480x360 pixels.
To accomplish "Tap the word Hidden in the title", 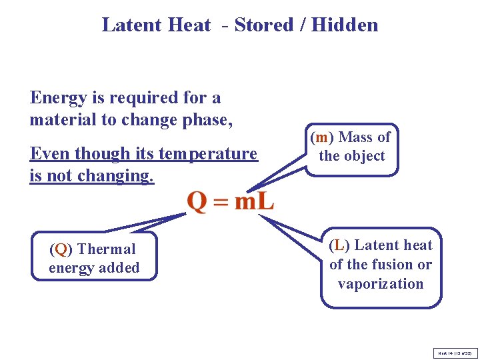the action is tap(344, 25).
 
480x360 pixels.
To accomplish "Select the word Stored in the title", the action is tap(263, 25).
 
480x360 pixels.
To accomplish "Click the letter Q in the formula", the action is tap(197, 200).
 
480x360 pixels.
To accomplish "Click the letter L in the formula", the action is tap(265, 200).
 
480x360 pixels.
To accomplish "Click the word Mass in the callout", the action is tap(356, 137).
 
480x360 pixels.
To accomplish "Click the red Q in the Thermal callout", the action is tap(61, 249).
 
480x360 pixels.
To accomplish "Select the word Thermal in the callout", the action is tap(106, 249).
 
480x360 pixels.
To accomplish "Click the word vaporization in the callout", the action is tap(381, 283).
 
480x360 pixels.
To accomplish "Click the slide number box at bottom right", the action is tap(455, 352).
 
